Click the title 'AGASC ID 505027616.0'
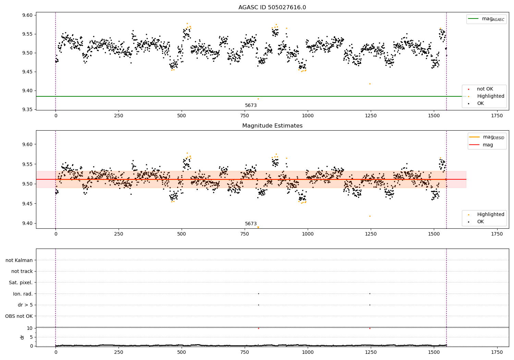272,8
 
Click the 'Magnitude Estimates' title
272,126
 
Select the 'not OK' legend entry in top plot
485,89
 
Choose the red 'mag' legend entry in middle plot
488,145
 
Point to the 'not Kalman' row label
19,260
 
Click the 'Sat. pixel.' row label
21,283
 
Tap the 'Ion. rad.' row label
23,294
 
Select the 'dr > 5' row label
25,305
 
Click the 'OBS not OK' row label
19,316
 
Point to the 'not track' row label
22,271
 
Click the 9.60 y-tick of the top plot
27,15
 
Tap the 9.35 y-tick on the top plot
27,109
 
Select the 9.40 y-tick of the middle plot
27,223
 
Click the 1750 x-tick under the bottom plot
497,352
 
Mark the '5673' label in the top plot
251,105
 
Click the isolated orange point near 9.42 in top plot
370,84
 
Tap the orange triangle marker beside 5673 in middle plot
258,227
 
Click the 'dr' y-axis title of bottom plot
22,337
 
